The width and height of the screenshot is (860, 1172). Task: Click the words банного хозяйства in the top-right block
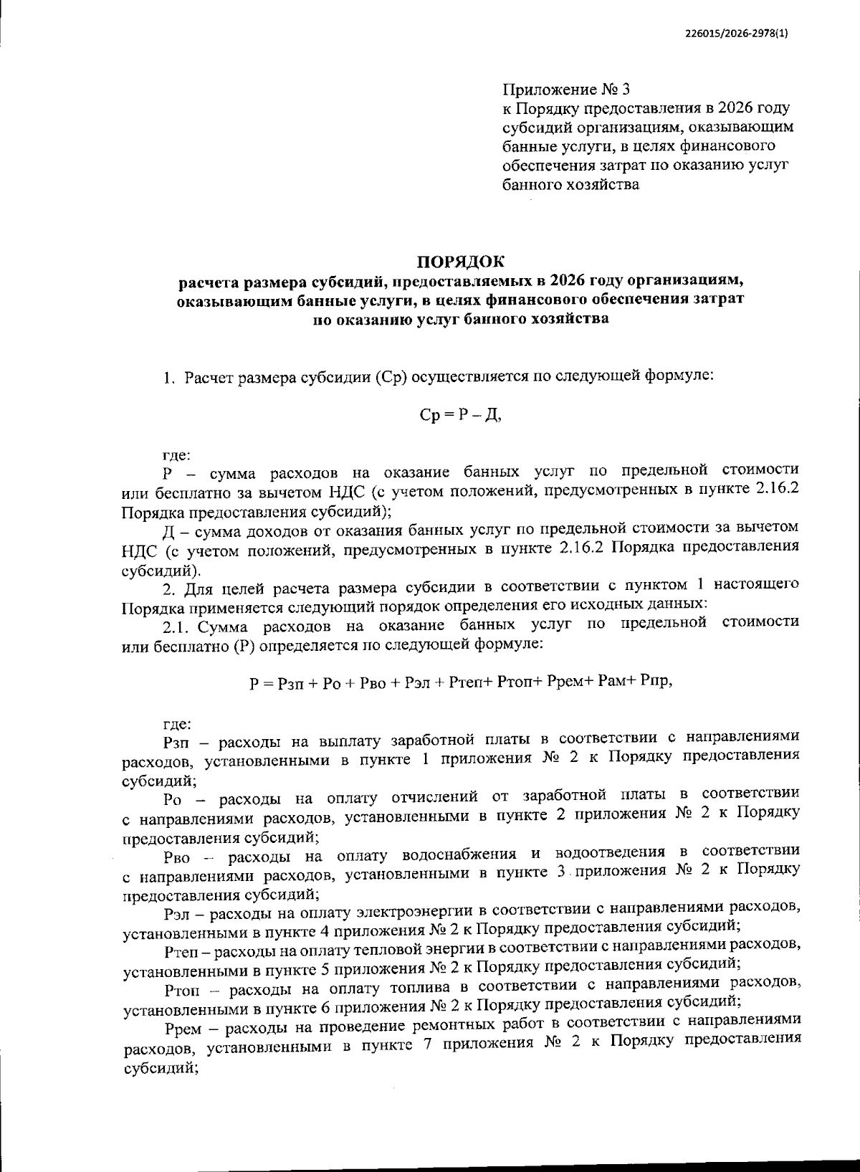tap(570, 186)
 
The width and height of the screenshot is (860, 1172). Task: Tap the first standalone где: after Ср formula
tap(177, 454)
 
